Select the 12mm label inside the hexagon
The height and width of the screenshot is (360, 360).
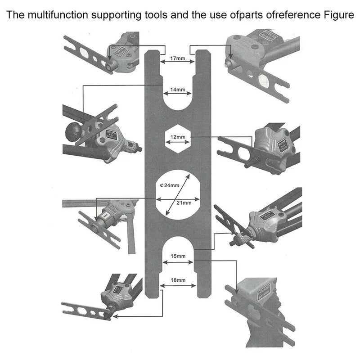click(x=178, y=136)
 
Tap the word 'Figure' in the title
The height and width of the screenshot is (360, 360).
click(x=337, y=15)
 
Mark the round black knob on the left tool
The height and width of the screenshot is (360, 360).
click(x=72, y=130)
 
